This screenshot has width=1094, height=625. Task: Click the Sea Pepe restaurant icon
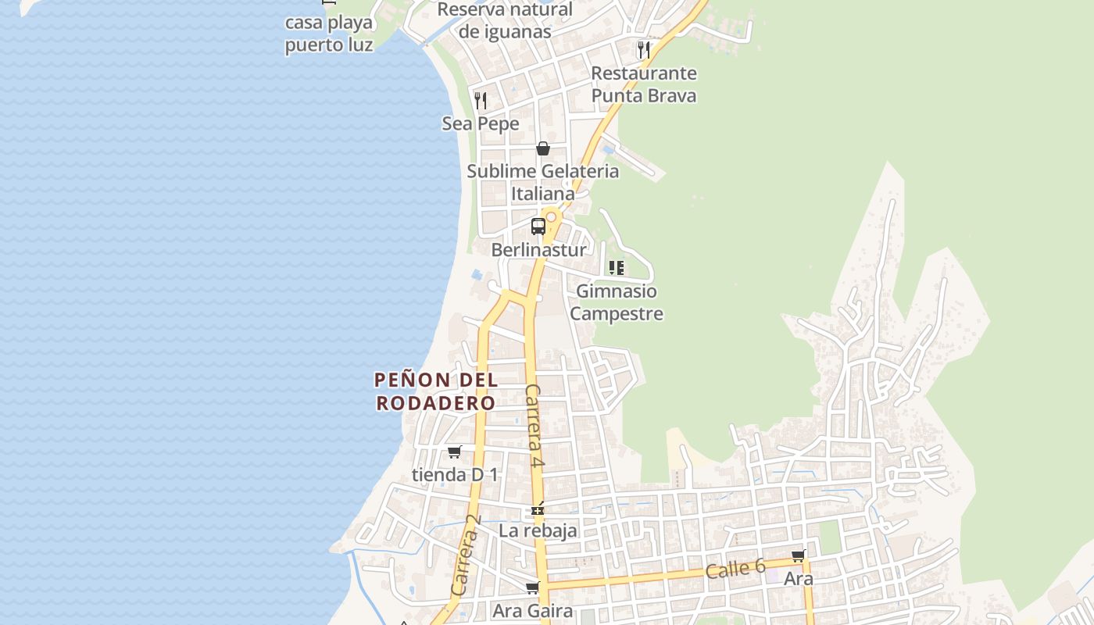tap(481, 101)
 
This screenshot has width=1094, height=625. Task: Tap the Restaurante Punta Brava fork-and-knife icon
tap(643, 50)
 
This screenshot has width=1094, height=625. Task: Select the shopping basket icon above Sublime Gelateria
tap(543, 148)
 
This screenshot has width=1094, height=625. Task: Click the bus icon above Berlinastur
tap(538, 227)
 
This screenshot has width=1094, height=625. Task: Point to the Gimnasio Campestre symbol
tap(616, 268)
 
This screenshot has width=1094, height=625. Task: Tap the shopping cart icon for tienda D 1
tap(454, 452)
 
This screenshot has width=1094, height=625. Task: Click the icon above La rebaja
tap(537, 509)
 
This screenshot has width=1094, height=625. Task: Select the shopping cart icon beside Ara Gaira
tap(532, 587)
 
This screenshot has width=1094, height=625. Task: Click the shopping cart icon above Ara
tap(798, 555)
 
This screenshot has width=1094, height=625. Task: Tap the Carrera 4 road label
tap(534, 426)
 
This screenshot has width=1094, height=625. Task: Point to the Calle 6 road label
tap(735, 569)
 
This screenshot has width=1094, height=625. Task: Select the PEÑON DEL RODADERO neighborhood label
tap(436, 391)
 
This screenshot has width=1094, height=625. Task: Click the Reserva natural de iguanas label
tap(505, 20)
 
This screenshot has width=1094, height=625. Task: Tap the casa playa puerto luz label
tap(328, 34)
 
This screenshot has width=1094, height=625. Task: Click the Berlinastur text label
tap(538, 250)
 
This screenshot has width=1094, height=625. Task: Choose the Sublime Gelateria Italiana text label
tap(543, 182)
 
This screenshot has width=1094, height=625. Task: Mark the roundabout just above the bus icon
tap(551, 216)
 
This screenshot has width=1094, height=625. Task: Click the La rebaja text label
tap(538, 530)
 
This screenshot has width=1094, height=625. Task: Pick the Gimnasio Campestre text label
tap(617, 302)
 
